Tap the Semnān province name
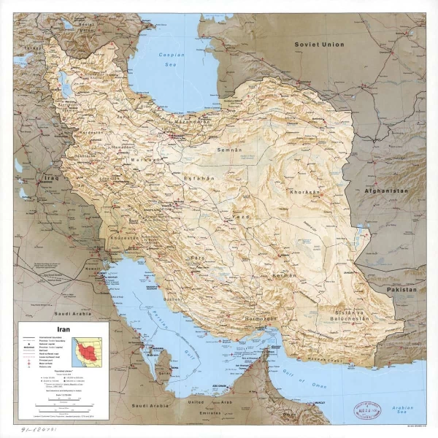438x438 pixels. tap(229, 150)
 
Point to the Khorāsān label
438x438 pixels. tap(304, 192)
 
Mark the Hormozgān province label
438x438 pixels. tap(261, 319)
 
